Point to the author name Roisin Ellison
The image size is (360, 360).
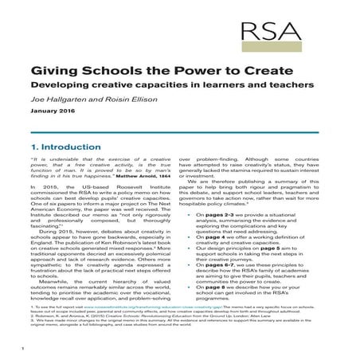[x=131, y=100]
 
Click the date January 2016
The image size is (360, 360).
[x=53, y=112]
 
